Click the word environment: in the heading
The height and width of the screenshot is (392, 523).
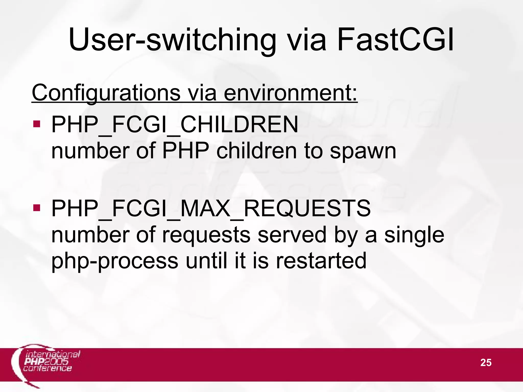(x=291, y=93)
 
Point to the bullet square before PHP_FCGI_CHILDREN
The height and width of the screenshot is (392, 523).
(x=37, y=124)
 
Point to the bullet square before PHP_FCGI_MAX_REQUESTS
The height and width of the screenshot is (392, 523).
(x=37, y=208)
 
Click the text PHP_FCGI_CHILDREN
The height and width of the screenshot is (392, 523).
(x=175, y=125)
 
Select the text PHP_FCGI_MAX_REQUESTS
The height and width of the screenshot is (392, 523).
(x=211, y=209)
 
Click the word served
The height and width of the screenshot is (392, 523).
(x=292, y=235)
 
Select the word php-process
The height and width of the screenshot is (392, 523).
(x=115, y=262)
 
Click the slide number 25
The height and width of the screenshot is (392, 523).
(x=486, y=363)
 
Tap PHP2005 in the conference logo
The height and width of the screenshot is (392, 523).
(x=46, y=361)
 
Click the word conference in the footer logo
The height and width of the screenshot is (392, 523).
(x=47, y=368)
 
